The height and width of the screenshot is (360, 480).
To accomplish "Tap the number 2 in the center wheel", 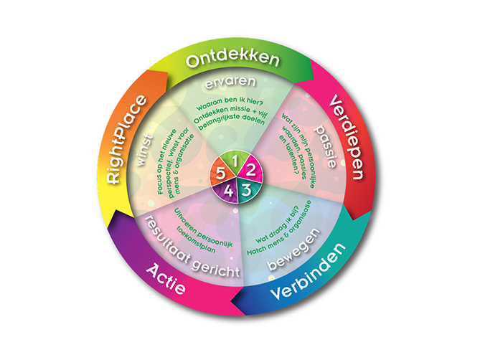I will point(251,172).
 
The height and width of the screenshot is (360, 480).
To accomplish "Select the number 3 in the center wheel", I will point(246,189).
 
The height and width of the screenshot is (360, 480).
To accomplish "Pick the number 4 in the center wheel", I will point(228,190).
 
